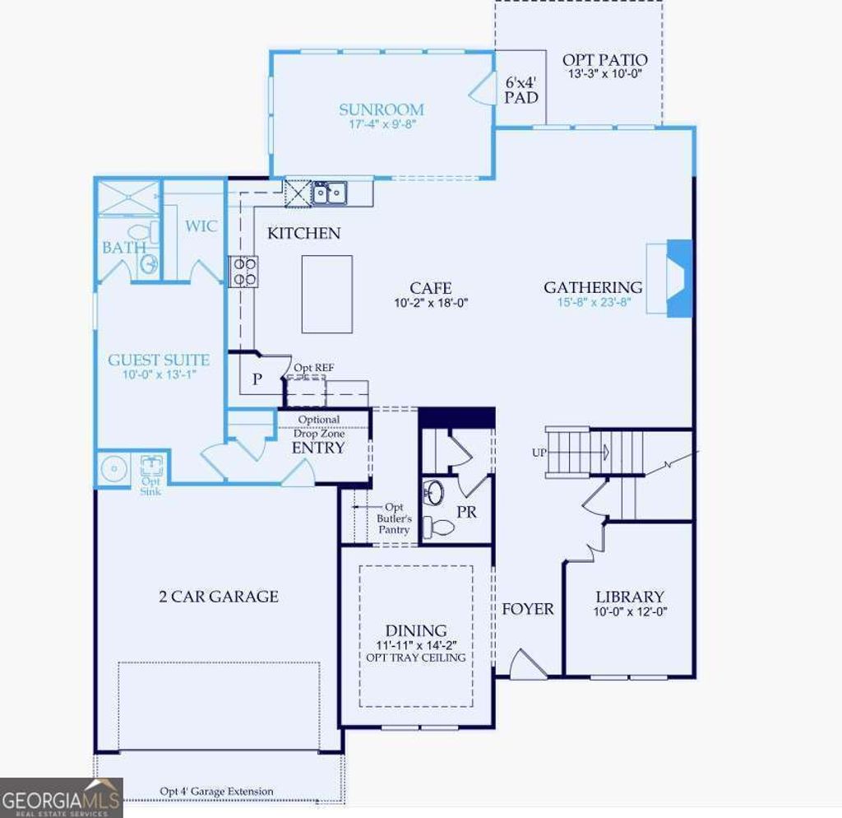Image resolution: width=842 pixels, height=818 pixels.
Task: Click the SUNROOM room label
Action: (382, 109)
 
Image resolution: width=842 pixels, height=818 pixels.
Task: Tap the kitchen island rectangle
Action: (327, 293)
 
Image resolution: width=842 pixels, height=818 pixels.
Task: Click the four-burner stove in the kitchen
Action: (243, 272)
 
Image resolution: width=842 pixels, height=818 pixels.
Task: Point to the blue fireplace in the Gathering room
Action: (680, 277)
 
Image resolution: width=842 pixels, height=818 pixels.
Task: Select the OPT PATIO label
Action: (604, 60)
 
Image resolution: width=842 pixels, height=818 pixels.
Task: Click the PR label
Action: (467, 513)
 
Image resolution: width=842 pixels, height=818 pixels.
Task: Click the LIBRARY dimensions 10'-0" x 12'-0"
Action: (630, 611)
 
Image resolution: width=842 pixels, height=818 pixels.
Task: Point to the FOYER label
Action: (528, 610)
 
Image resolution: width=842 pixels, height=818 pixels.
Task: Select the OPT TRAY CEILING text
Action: (416, 658)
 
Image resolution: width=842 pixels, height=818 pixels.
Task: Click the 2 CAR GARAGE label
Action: (219, 597)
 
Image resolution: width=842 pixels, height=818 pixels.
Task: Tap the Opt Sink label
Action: (150, 486)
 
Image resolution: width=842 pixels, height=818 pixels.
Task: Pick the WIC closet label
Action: (201, 225)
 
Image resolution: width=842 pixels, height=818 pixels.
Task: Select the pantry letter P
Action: (257, 379)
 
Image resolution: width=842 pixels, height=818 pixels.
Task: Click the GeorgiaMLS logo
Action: (61, 797)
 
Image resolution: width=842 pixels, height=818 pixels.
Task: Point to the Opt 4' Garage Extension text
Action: (217, 792)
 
